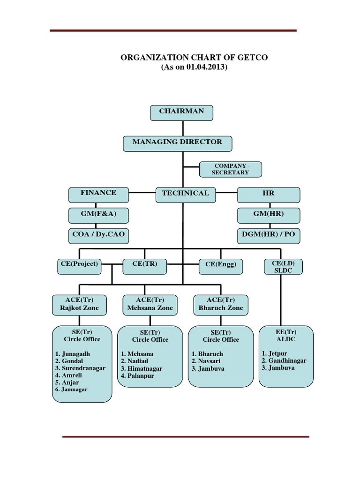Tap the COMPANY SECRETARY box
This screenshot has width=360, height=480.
(x=230, y=169)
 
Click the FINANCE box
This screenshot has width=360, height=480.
(x=98, y=194)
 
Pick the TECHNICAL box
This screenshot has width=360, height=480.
(x=185, y=194)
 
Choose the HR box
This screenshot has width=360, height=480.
(x=269, y=194)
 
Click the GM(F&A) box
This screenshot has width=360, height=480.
(x=98, y=215)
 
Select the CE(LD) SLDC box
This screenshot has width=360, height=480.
(x=283, y=266)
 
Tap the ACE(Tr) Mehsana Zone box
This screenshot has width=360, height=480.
(x=150, y=304)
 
